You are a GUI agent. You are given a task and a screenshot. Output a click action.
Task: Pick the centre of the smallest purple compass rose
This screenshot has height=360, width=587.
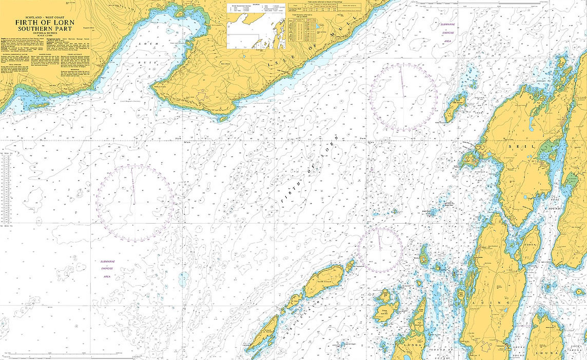(380, 250)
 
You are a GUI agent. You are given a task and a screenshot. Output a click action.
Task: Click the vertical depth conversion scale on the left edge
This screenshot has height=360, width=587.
(6, 190)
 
